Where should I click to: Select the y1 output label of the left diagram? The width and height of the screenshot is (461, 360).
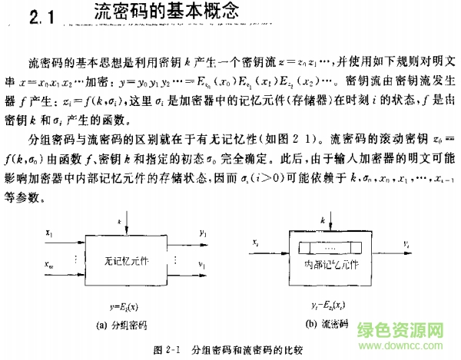pos(201,231)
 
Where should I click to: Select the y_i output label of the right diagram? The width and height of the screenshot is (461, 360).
pos(405,243)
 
